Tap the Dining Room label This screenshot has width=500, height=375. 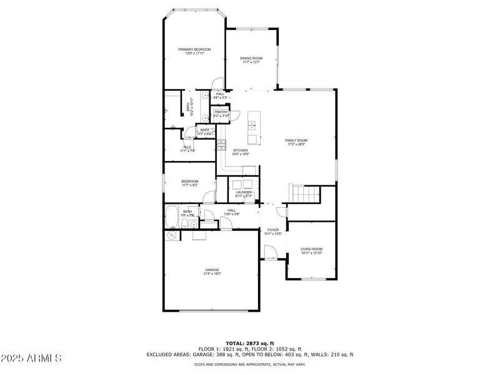(x=250, y=60)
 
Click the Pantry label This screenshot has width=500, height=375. (x=221, y=113)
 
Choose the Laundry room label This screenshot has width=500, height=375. (x=244, y=193)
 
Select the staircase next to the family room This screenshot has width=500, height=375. (x=304, y=194)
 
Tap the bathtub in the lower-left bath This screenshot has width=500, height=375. (x=172, y=217)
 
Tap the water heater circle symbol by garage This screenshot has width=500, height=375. (x=171, y=235)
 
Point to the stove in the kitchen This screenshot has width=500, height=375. (x=221, y=146)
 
